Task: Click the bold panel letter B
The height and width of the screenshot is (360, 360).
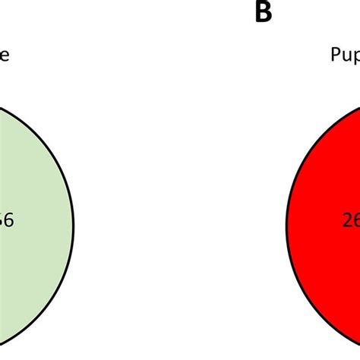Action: tap(263, 12)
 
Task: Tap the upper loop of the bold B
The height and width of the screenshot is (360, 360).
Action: tap(264, 7)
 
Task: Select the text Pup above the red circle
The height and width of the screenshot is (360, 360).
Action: tap(345, 55)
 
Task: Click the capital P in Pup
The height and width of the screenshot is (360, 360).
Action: tap(335, 55)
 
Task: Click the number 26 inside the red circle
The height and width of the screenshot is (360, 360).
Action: tap(350, 221)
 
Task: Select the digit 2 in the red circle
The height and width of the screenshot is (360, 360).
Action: tap(346, 221)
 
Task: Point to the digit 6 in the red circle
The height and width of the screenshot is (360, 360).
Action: tap(355, 221)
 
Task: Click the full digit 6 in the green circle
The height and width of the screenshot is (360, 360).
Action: tap(8, 221)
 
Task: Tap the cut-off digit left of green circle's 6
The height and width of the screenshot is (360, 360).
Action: tap(2, 221)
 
